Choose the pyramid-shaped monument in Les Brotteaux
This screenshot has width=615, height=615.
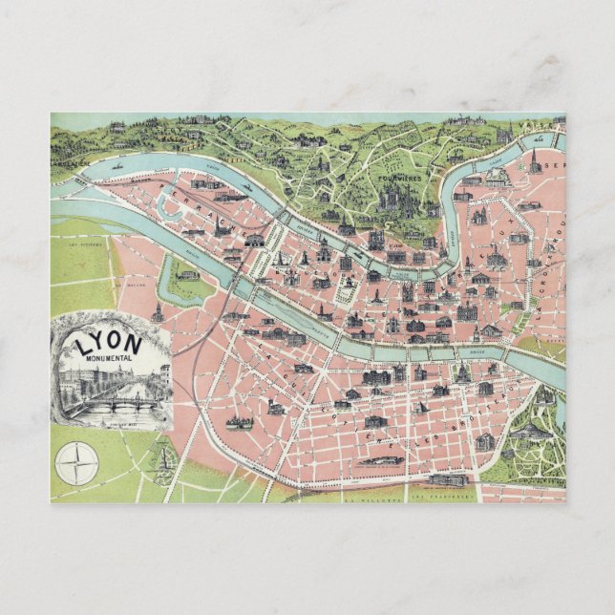pos(422,408)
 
